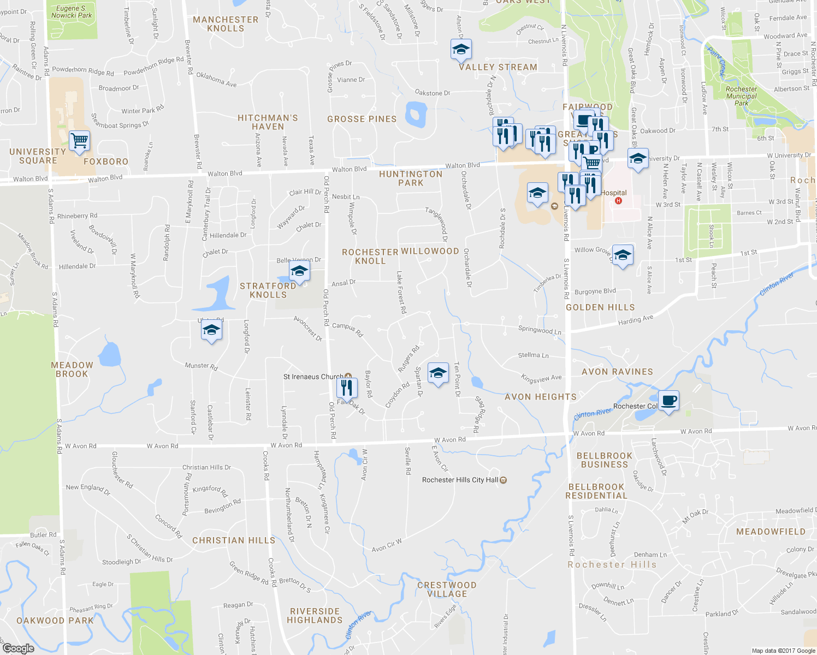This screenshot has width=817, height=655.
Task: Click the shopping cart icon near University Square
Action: (x=80, y=141)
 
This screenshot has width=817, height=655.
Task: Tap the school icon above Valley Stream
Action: (x=461, y=50)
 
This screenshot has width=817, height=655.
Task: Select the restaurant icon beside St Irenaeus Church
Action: (x=347, y=388)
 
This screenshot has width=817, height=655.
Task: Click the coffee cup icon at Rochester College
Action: (x=669, y=401)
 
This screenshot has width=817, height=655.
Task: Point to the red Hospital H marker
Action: (x=619, y=201)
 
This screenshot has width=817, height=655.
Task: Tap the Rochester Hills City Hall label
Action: (x=460, y=480)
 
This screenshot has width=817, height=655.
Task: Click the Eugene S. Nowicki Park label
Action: (x=72, y=12)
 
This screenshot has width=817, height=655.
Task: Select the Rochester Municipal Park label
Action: (x=741, y=96)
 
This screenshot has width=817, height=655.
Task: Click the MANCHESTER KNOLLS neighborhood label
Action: (x=226, y=24)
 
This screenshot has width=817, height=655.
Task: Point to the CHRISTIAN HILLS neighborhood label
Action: (x=234, y=540)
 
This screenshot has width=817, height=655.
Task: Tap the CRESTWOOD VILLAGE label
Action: (x=447, y=589)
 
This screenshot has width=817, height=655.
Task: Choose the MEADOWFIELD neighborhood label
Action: (x=771, y=532)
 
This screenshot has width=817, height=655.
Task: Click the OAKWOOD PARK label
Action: (x=55, y=621)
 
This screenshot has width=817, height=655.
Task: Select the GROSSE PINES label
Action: (x=362, y=119)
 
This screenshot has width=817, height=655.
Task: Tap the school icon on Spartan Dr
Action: (x=438, y=373)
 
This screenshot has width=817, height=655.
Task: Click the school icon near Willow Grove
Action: (x=623, y=255)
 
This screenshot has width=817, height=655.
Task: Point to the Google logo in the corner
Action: (x=18, y=648)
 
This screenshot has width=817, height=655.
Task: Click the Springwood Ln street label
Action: (x=540, y=330)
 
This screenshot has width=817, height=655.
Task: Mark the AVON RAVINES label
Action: (x=617, y=372)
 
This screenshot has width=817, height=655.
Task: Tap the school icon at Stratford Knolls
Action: (x=299, y=271)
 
